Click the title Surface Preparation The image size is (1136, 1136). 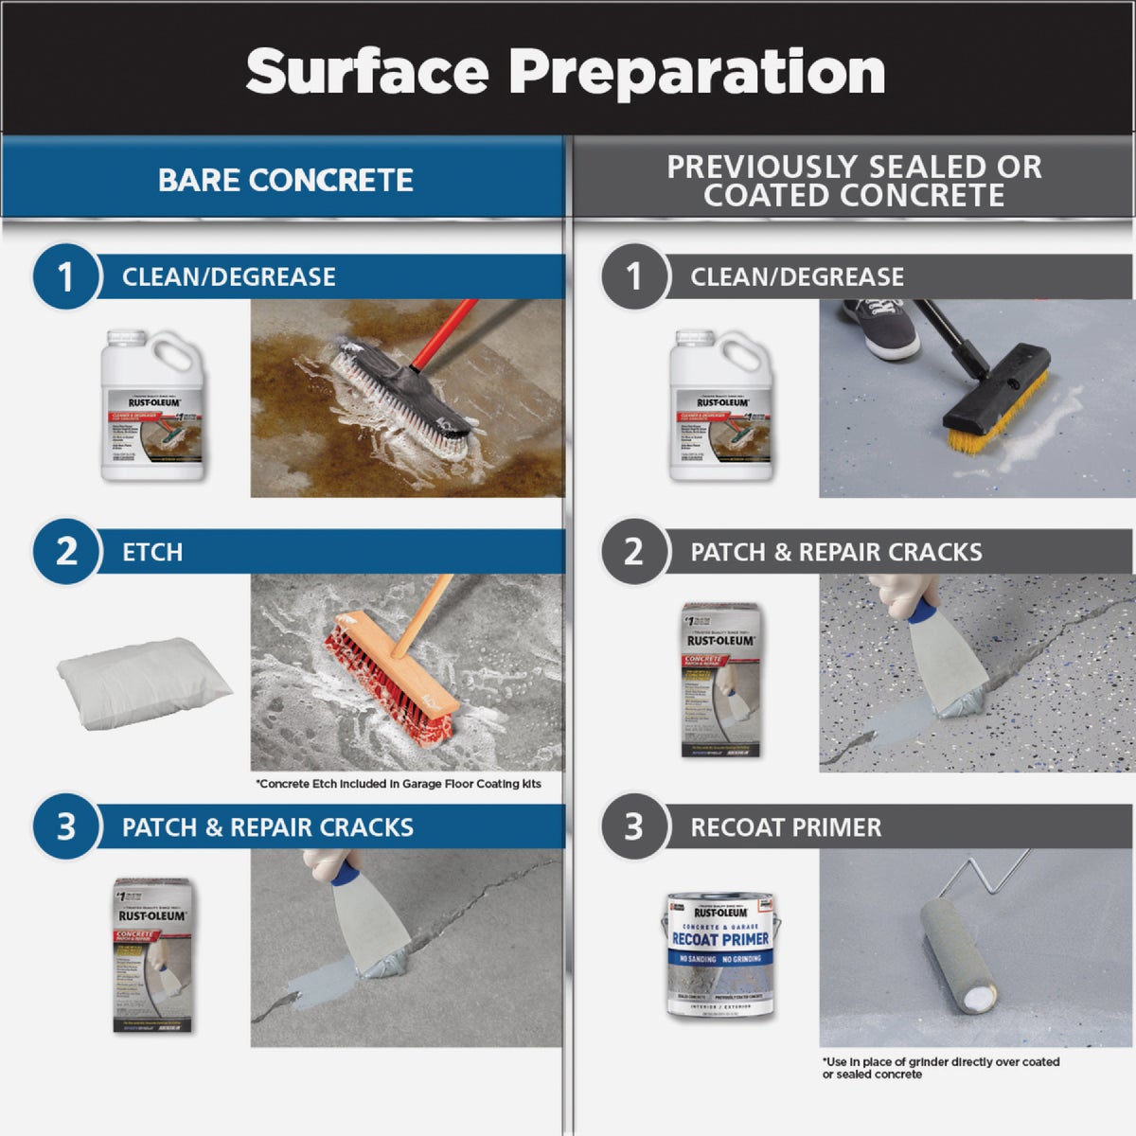point(565,71)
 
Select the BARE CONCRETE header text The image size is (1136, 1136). point(285,180)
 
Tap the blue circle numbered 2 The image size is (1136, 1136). point(65,551)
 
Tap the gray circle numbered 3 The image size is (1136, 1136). point(633,826)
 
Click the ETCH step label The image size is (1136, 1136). point(152,552)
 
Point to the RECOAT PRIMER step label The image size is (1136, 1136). point(785,827)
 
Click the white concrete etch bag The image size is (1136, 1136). point(144,679)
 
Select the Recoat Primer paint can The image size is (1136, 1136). point(720,954)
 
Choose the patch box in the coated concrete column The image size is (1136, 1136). point(721,680)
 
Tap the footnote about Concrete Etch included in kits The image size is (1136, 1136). point(399,784)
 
